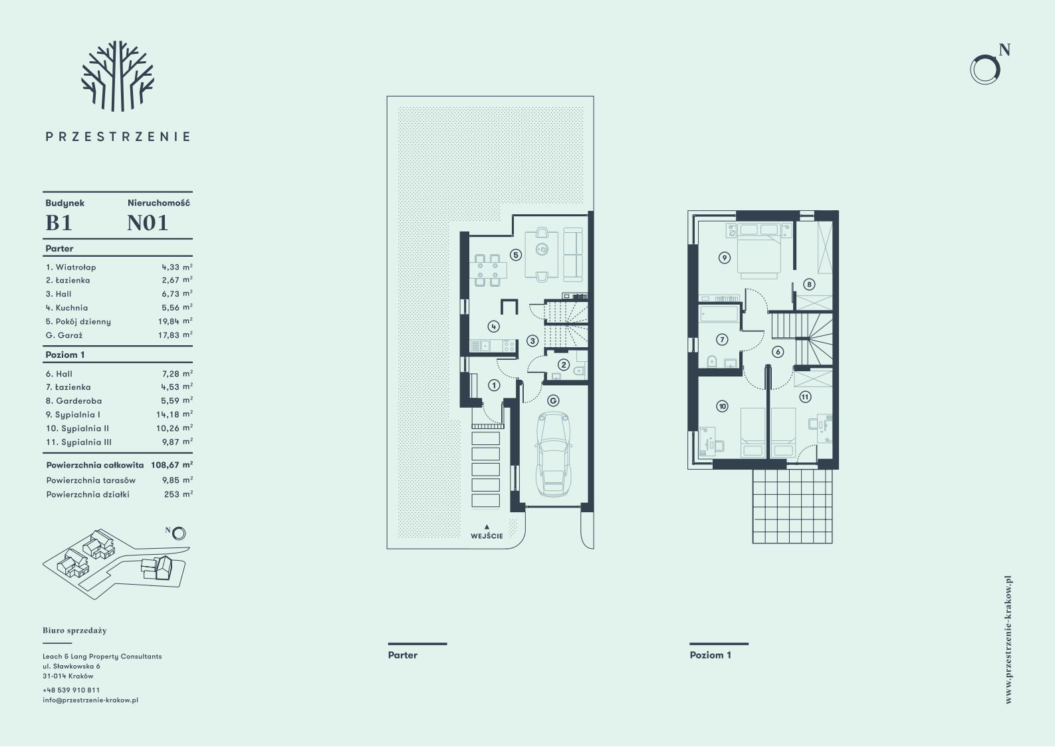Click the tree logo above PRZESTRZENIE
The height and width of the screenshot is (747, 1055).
[x=118, y=76]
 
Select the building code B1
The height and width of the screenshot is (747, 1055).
[x=59, y=223]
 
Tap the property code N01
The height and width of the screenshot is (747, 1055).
[x=148, y=223]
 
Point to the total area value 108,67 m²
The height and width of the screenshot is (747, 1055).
[x=172, y=465]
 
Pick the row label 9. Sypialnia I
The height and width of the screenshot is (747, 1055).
[x=73, y=414]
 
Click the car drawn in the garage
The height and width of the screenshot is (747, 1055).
[x=553, y=454]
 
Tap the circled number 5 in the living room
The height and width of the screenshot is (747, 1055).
[x=516, y=255]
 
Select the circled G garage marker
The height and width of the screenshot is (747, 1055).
[x=553, y=400]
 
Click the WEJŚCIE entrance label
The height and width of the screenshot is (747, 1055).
[x=487, y=536]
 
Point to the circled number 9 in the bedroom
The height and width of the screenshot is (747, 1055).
[x=725, y=258]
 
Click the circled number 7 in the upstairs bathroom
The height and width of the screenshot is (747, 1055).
[x=721, y=339]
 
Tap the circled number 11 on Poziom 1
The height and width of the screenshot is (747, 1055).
[x=805, y=397]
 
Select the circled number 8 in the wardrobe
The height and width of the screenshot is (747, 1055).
[x=809, y=284]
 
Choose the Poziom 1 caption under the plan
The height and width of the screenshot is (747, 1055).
[x=710, y=655]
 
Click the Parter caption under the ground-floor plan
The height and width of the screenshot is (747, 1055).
[x=403, y=655]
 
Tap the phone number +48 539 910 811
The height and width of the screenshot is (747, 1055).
[x=71, y=690]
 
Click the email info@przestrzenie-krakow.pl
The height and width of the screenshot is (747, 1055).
[x=90, y=700]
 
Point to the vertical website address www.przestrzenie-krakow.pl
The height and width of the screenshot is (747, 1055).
[x=1008, y=640]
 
